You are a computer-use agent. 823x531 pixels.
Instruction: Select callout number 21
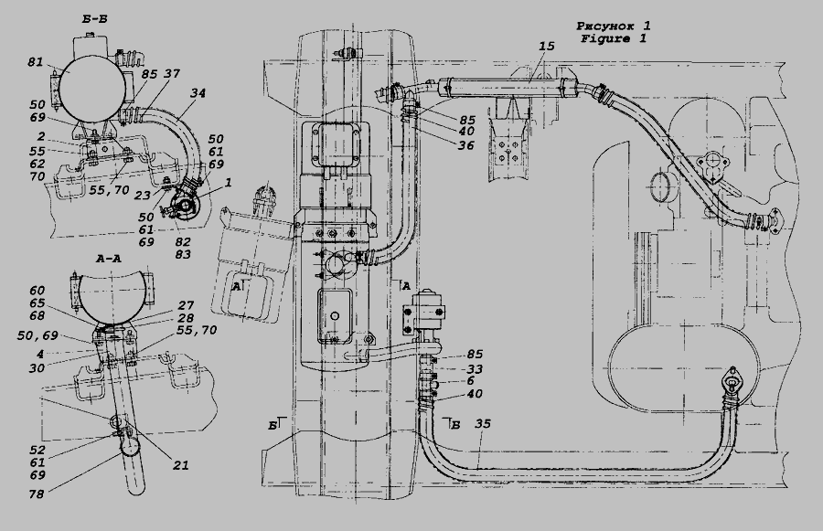[180, 464]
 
